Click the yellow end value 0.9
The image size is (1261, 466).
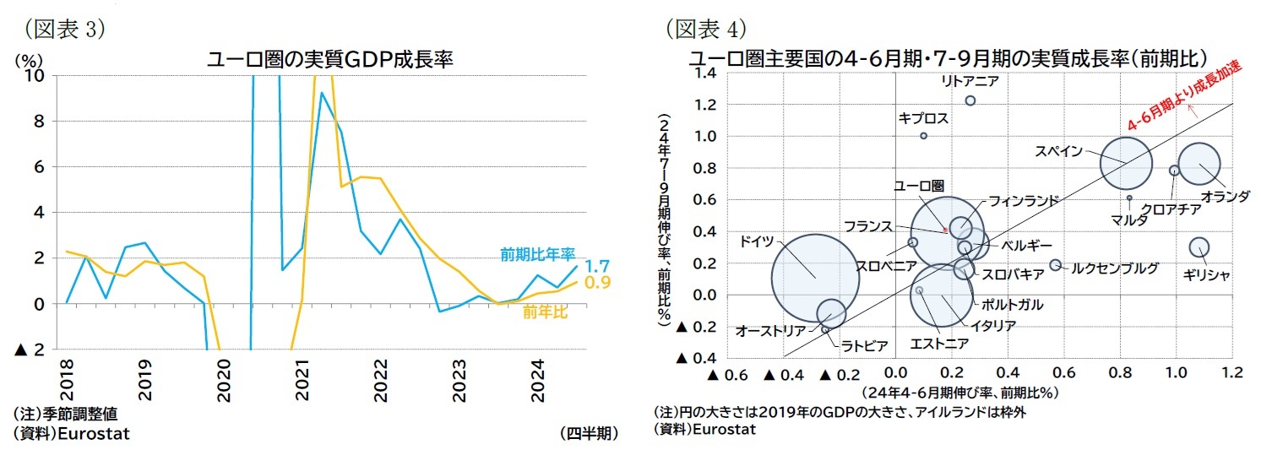pyautogui.click(x=598, y=283)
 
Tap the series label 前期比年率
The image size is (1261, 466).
pyautogui.click(x=537, y=253)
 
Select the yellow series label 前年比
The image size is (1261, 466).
pyautogui.click(x=545, y=313)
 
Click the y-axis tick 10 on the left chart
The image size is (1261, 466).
pyautogui.click(x=36, y=76)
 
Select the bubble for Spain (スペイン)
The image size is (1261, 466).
pyautogui.click(x=1126, y=162)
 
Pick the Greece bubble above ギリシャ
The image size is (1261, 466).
pyautogui.click(x=1198, y=247)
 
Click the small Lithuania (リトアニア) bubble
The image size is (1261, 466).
pyautogui.click(x=970, y=100)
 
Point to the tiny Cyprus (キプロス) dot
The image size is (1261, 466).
pyautogui.click(x=923, y=136)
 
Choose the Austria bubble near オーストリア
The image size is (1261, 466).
pyautogui.click(x=831, y=312)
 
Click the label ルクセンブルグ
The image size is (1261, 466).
pyautogui.click(x=1114, y=268)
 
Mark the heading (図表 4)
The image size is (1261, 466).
pyautogui.click(x=706, y=30)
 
